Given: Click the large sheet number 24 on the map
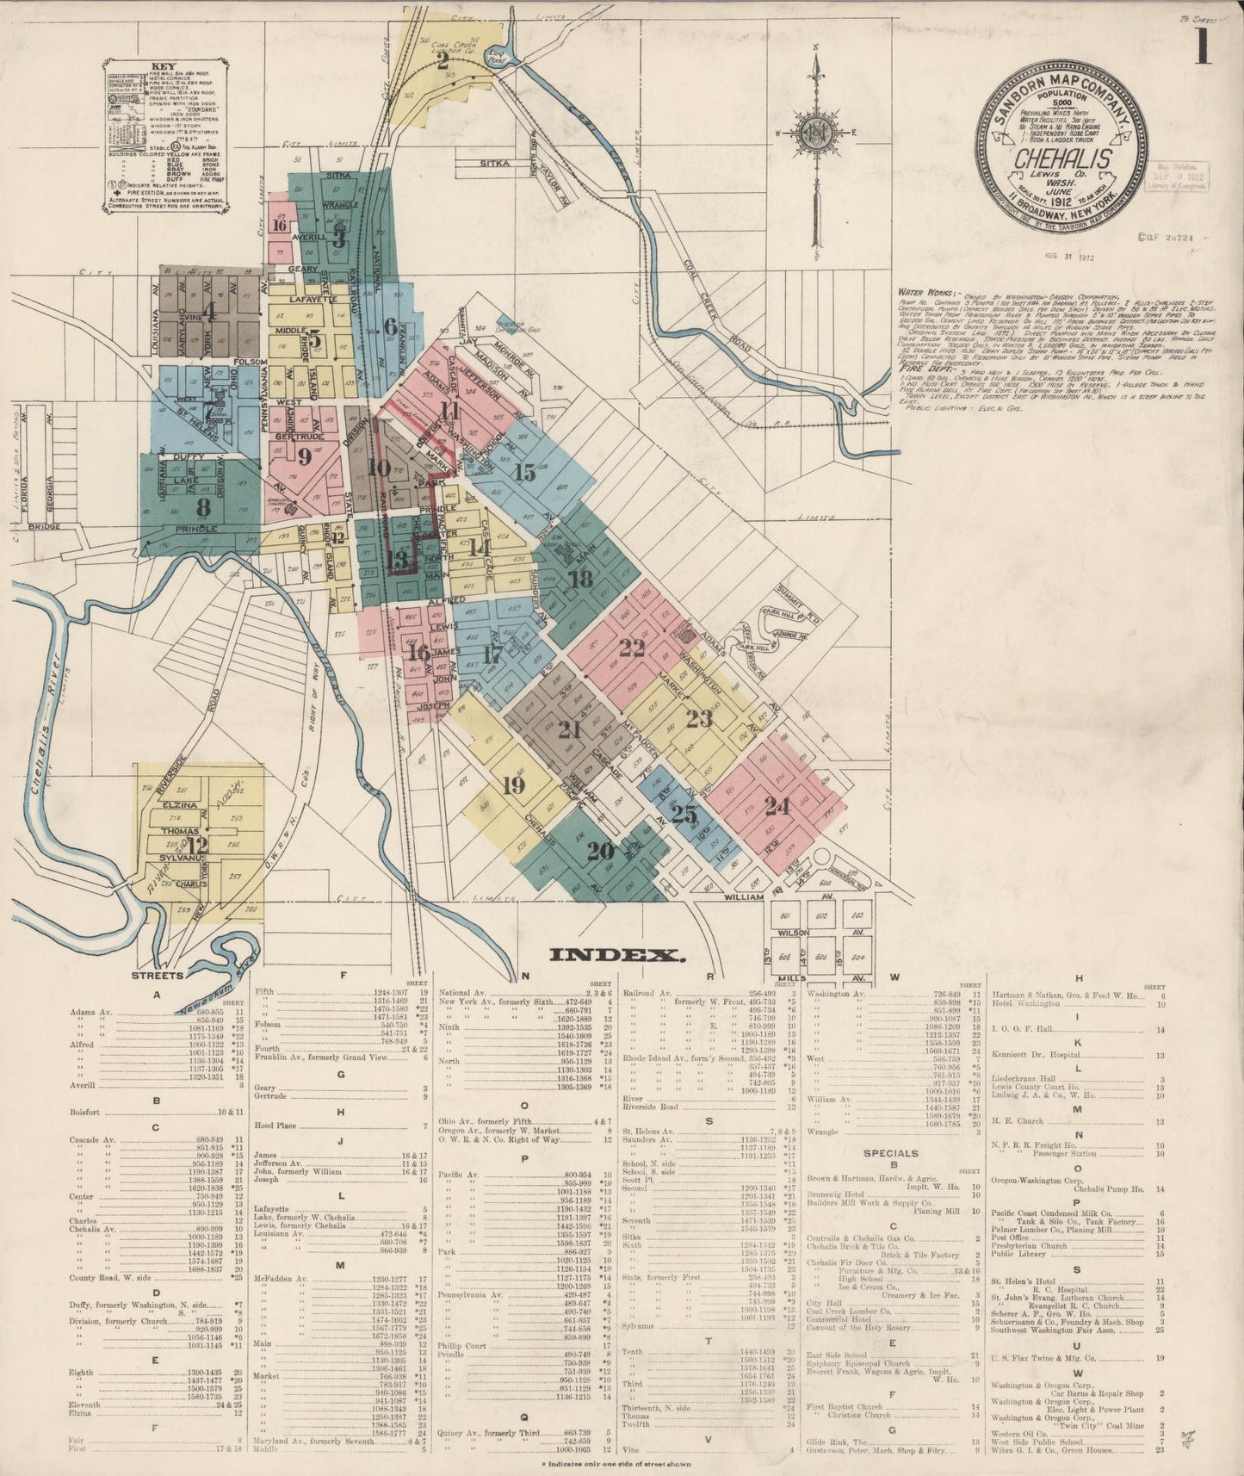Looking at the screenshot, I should (x=777, y=807).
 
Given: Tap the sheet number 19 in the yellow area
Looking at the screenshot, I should (x=513, y=785).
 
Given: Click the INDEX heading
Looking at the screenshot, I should (x=617, y=954).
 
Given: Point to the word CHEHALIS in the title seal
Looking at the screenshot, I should (x=1061, y=159).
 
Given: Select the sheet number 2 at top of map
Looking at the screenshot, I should (x=443, y=61).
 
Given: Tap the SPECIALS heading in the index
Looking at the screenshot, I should (x=891, y=1153).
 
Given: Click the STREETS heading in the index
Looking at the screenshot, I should (x=157, y=976).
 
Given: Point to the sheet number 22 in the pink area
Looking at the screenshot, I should (x=632, y=648).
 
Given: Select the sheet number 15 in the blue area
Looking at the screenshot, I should (x=524, y=472).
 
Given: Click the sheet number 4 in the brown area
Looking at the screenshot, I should (x=209, y=308).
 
